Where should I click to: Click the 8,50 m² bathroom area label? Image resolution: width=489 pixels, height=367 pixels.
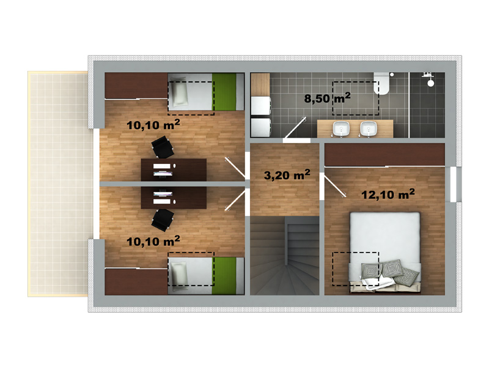click(327, 98)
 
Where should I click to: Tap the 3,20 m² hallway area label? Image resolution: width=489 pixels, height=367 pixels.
click(287, 174)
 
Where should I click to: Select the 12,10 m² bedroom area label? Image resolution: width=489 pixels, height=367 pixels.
click(388, 194)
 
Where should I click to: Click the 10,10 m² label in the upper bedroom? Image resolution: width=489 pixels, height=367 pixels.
click(153, 125)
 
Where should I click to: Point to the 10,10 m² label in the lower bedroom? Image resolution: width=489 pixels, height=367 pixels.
click(153, 240)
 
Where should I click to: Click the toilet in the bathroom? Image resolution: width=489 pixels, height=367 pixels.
click(381, 83)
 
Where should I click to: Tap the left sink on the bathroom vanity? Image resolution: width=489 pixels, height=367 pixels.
click(341, 128)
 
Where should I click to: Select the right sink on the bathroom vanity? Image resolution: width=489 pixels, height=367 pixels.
click(369, 128)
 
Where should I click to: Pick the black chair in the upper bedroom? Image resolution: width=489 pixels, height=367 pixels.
click(163, 147)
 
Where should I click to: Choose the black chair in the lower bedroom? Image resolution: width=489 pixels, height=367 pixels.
click(163, 220)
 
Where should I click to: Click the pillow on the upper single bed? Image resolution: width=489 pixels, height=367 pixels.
click(180, 91)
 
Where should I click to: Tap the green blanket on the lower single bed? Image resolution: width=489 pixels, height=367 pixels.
click(224, 276)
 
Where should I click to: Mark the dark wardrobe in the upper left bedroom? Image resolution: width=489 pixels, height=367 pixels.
click(136, 86)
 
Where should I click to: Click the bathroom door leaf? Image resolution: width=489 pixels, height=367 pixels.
click(295, 128)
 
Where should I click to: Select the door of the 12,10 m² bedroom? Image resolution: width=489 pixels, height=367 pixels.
click(335, 186)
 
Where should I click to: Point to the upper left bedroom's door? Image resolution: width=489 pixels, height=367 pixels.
click(235, 169)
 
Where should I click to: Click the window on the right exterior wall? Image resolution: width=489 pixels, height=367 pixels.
click(454, 185)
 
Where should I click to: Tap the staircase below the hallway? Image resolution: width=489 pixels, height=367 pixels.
click(285, 256)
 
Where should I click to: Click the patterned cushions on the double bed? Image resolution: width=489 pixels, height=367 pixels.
click(390, 272)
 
